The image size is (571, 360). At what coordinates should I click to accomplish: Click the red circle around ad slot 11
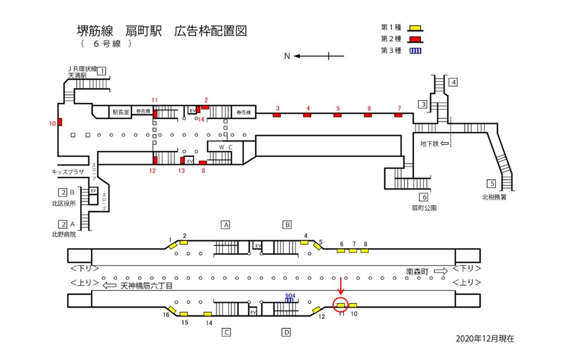point(341,305)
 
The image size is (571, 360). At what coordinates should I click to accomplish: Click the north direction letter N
point(287,57)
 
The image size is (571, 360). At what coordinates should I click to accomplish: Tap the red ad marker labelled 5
point(337,115)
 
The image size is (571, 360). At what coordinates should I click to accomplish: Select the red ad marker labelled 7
point(399,115)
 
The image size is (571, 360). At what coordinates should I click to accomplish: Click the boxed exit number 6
point(423,197)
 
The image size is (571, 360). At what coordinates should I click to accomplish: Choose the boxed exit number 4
point(453,82)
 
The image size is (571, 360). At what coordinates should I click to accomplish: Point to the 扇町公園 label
point(424,208)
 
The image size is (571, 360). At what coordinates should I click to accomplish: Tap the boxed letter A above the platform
point(225,225)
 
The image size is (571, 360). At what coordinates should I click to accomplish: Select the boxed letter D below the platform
point(286,332)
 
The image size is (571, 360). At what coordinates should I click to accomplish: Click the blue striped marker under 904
point(290,300)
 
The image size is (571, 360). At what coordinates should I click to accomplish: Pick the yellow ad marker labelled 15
point(184,314)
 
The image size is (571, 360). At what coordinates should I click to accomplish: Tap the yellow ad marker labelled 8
point(365,251)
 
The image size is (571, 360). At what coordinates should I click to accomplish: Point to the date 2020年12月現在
point(485,339)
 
